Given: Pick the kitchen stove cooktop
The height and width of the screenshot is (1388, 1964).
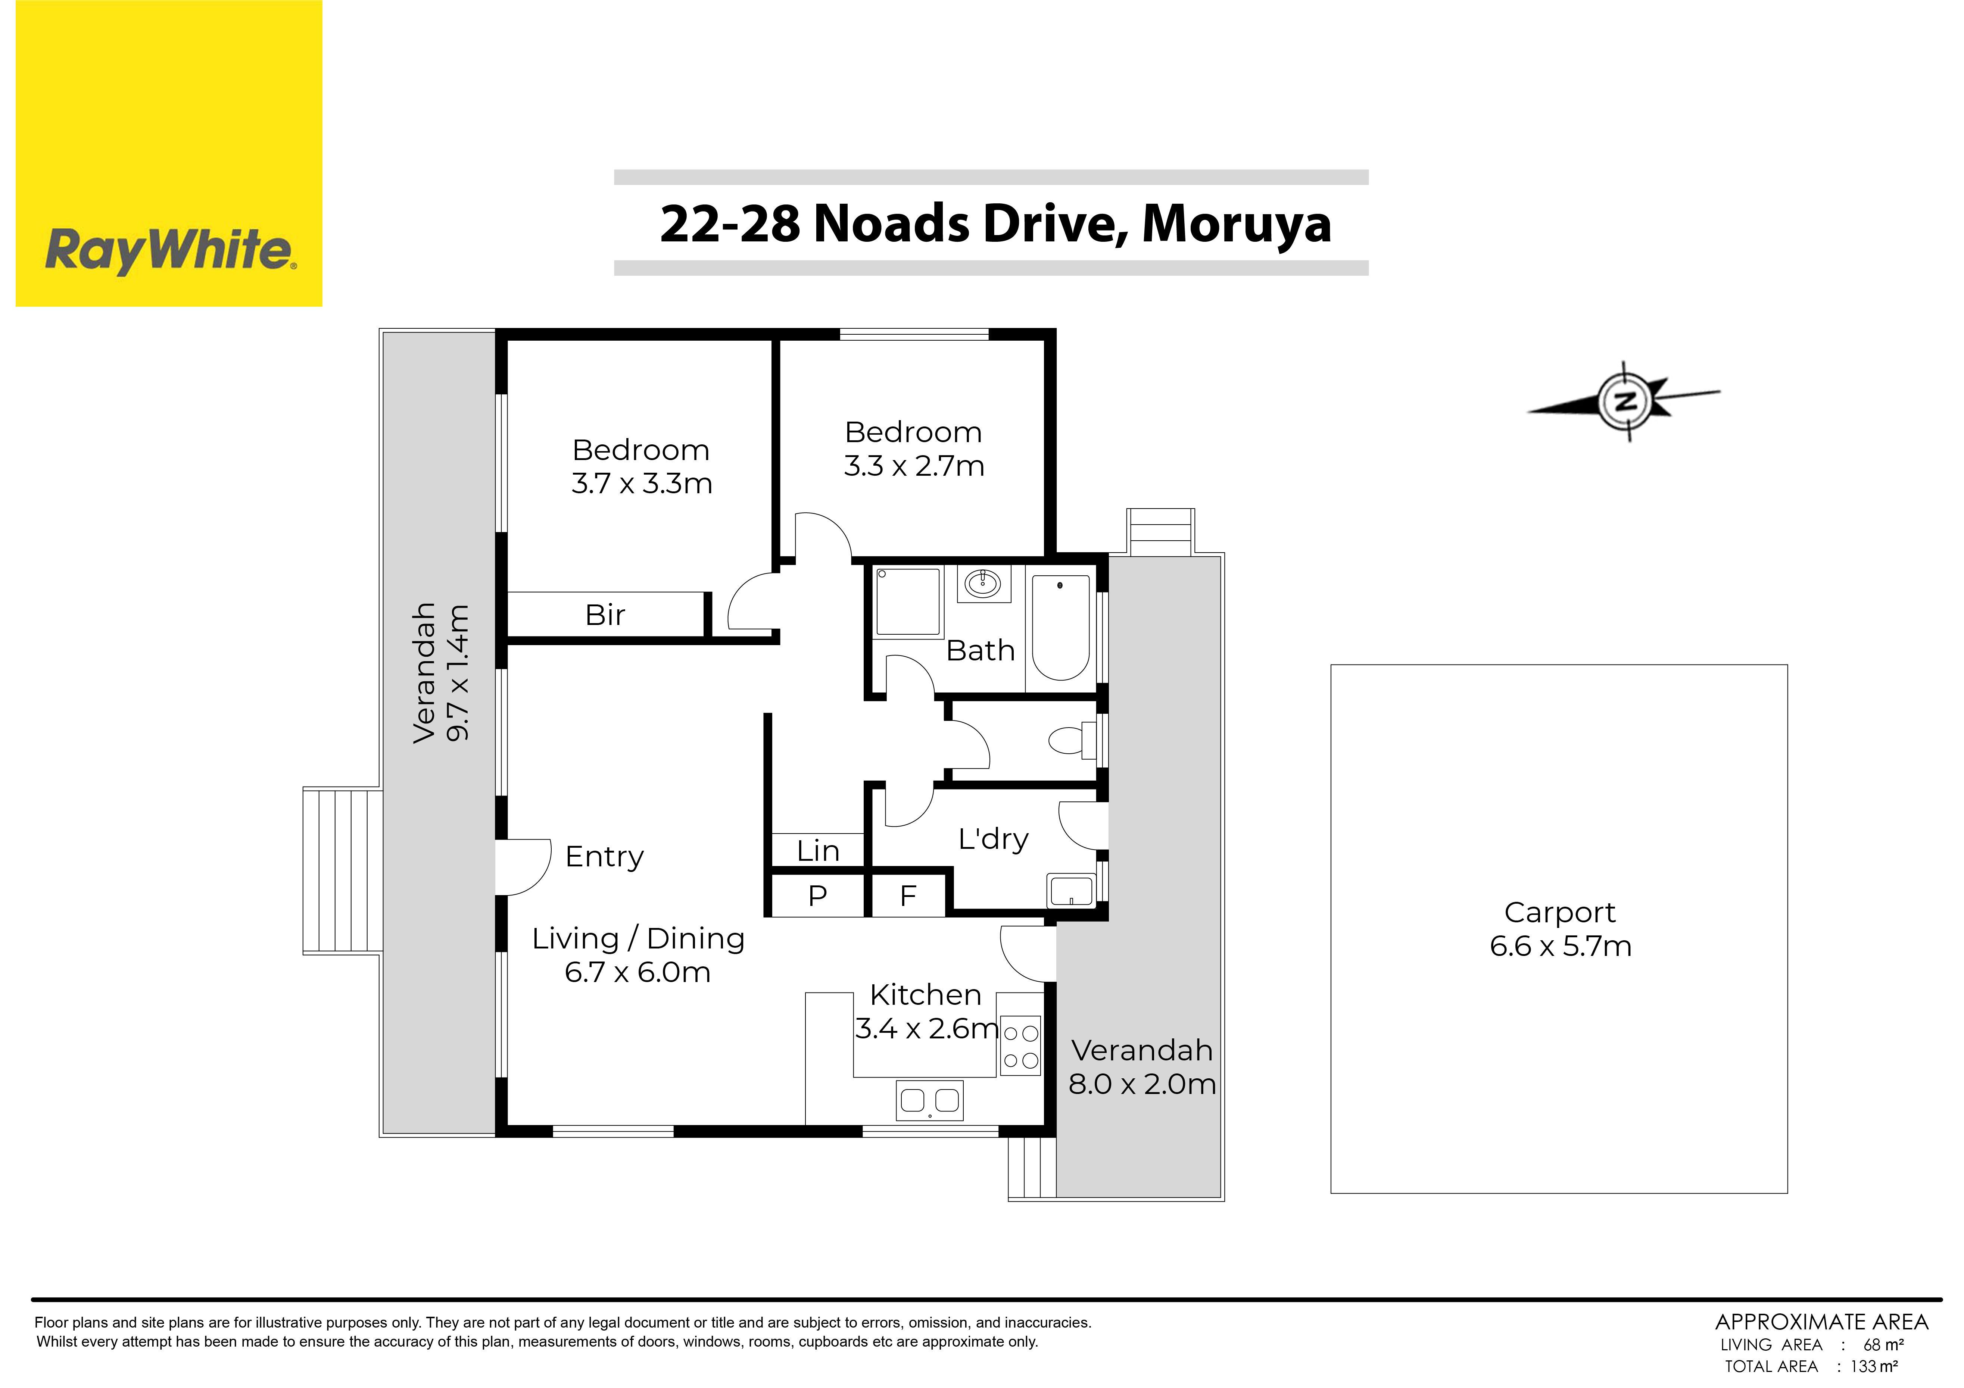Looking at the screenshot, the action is (1020, 1045).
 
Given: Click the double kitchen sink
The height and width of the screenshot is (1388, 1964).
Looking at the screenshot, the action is (930, 1101).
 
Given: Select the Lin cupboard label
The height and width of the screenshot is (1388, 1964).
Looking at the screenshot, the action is (818, 851).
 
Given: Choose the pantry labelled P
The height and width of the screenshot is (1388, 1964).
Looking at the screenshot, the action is (818, 895).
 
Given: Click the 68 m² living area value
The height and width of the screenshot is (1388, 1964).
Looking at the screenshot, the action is (1884, 1345).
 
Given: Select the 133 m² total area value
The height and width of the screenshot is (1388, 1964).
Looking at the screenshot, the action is (1874, 1367).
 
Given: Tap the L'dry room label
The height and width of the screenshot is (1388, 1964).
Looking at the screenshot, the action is (993, 839).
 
